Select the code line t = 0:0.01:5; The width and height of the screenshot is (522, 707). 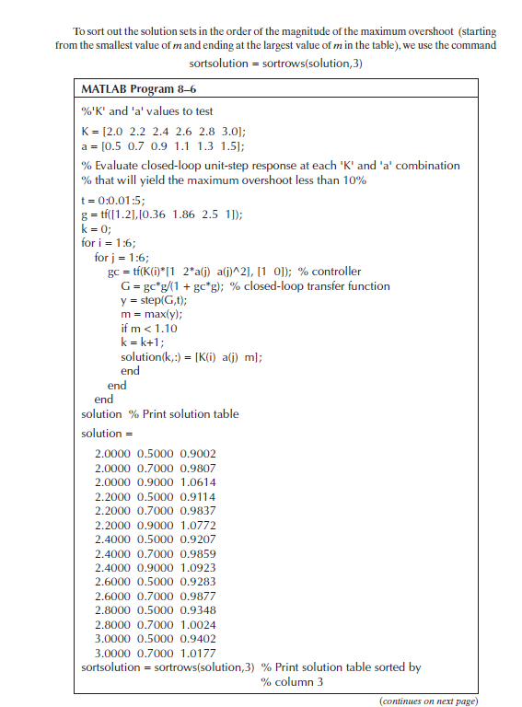115,199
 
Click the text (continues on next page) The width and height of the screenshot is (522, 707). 429,700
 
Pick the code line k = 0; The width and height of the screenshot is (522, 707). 97,227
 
